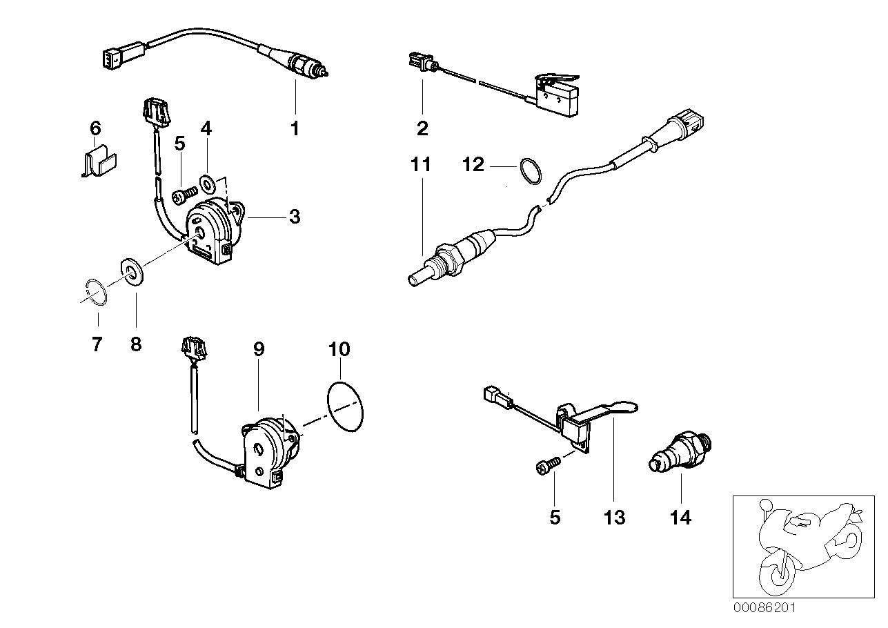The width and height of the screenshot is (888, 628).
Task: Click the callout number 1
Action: click(295, 128)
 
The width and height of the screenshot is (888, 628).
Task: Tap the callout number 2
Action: click(422, 128)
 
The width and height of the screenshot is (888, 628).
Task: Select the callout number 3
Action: click(295, 217)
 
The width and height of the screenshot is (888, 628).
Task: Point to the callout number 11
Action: click(421, 164)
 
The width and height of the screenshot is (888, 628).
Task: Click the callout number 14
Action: click(680, 518)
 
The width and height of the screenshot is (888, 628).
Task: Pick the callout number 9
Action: click(259, 349)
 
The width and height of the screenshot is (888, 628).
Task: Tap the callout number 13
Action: click(615, 518)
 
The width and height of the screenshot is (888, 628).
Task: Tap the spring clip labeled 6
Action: click(97, 161)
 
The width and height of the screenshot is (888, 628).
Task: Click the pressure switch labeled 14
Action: click(679, 453)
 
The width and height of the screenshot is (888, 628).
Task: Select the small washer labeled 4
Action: click(207, 182)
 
